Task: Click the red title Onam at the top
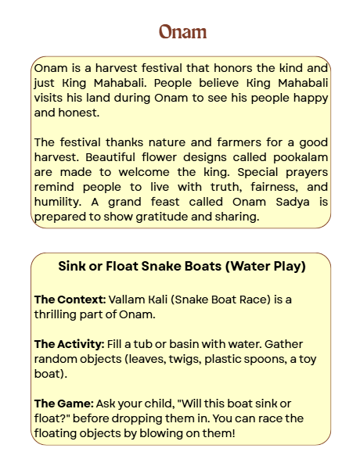click(182, 32)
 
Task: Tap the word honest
click(80, 112)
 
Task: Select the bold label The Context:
click(70, 300)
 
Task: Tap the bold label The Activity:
click(70, 344)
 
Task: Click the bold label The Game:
click(64, 404)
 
